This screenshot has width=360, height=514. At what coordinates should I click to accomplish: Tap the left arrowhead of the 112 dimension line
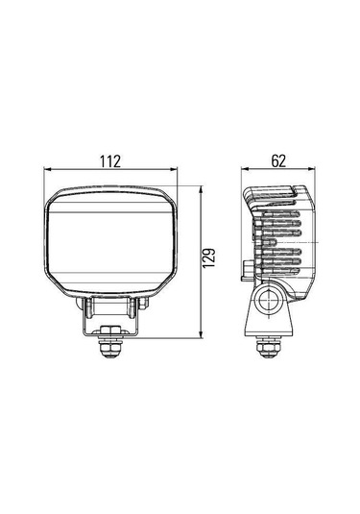(x=48, y=171)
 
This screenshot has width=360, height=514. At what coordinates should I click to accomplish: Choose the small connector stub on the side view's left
(x=248, y=269)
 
